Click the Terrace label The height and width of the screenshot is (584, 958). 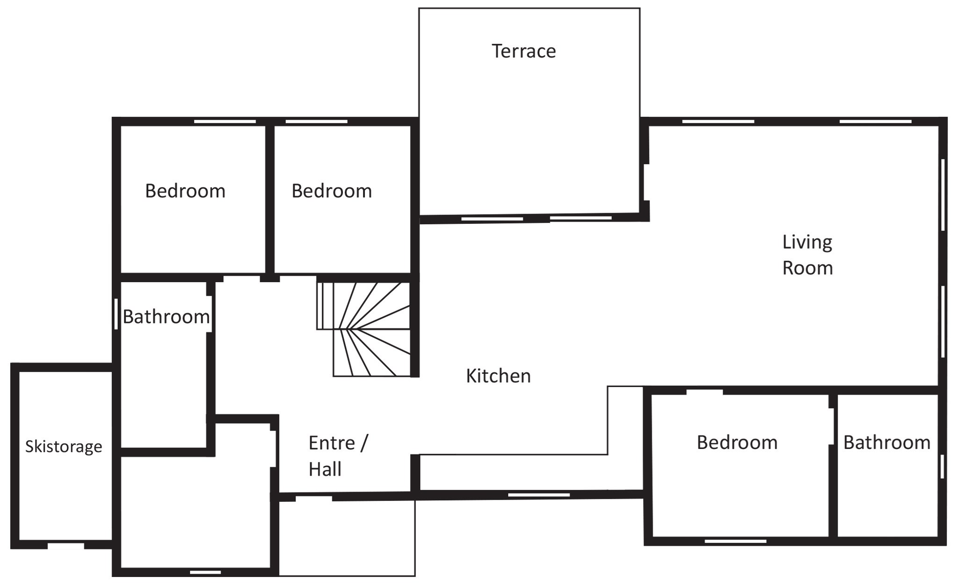tap(523, 51)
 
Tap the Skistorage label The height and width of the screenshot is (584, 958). tap(64, 447)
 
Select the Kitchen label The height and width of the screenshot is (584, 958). tap(498, 376)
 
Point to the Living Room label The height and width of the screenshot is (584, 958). tap(807, 255)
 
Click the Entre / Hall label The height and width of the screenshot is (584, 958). tap(339, 456)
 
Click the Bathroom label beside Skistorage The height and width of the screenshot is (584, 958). tap(166, 317)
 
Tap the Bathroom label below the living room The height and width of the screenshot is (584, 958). tap(887, 442)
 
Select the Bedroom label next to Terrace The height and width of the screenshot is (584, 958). tap(332, 191)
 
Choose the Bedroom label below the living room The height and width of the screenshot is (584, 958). tap(737, 442)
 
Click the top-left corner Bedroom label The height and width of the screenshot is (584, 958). tap(185, 191)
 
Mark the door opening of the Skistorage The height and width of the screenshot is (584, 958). tap(65, 545)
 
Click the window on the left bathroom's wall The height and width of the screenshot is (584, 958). tap(116, 314)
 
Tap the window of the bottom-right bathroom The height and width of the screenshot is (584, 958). tap(942, 466)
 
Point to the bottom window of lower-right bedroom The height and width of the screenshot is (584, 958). tap(735, 541)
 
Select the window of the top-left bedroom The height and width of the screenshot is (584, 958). tap(225, 121)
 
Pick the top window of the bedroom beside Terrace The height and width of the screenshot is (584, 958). tap(317, 121)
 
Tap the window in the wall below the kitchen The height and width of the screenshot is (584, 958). tap(539, 495)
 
